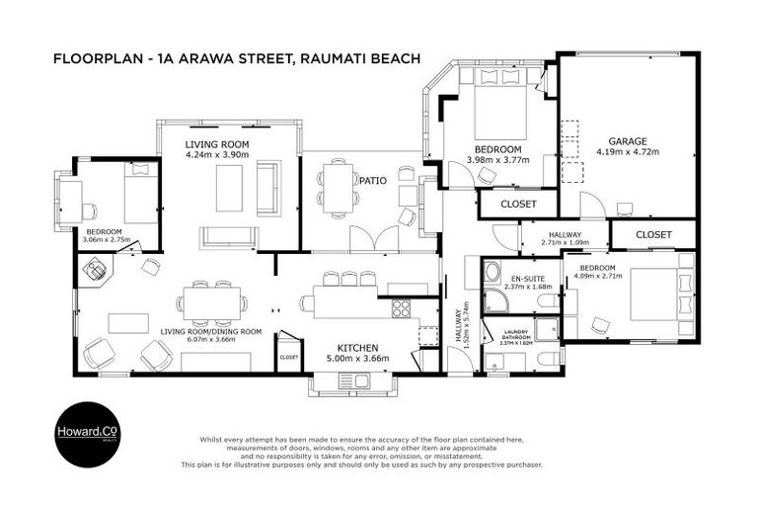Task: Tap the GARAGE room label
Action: (627, 141)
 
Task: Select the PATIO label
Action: (372, 182)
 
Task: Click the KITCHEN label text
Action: (358, 348)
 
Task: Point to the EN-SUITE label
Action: (521, 280)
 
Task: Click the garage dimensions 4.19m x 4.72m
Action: (627, 152)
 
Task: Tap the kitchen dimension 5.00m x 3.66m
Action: (358, 360)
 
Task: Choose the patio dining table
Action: (339, 187)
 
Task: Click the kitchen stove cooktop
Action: (401, 308)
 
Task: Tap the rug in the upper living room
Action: (229, 186)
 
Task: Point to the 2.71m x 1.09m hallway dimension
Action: (565, 242)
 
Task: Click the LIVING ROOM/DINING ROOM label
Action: (210, 332)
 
